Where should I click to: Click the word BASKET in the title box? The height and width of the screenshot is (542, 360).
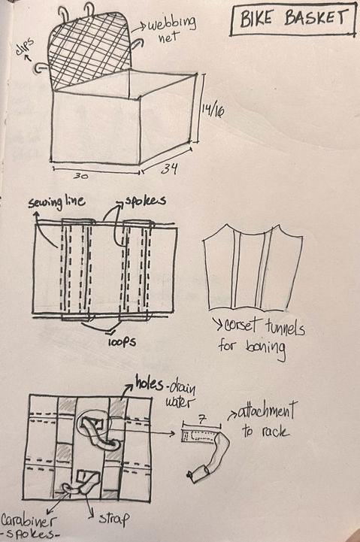pyautogui.click(x=316, y=18)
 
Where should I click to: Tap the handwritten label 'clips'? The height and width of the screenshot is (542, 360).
pyautogui.click(x=24, y=47)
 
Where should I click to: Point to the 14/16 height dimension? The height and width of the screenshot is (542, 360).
pyautogui.click(x=213, y=111)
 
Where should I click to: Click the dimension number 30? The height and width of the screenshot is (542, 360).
pyautogui.click(x=80, y=176)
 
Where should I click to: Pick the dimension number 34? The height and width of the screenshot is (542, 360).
pyautogui.click(x=170, y=168)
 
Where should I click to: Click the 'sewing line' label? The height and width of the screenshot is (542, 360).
pyautogui.click(x=56, y=202)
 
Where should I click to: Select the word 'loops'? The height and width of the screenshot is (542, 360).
pyautogui.click(x=122, y=341)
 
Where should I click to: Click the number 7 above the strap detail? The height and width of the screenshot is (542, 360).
pyautogui.click(x=202, y=420)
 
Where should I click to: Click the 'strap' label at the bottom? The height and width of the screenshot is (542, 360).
pyautogui.click(x=114, y=518)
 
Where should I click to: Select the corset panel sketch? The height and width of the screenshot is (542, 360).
pyautogui.click(x=253, y=267)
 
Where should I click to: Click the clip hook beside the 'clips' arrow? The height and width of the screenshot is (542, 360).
pyautogui.click(x=41, y=68)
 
